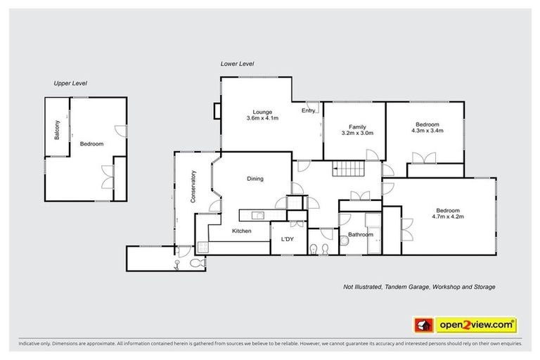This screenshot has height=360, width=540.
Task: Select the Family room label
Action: click(356, 125)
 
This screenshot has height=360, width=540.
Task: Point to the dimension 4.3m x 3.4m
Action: click(427, 130)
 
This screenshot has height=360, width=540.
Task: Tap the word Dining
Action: click(255, 179)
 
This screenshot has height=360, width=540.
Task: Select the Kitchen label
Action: click(241, 230)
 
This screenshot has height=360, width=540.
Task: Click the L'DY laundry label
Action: click(288, 240)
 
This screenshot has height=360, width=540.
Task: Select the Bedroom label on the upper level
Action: click(91, 144)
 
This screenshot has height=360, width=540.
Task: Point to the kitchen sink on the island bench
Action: click(258, 215)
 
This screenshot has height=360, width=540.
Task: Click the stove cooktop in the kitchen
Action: click(202, 246)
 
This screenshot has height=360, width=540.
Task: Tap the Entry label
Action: click(309, 110)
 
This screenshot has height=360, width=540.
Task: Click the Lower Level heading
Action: click(236, 63)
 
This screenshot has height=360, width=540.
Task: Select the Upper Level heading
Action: click(70, 83)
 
